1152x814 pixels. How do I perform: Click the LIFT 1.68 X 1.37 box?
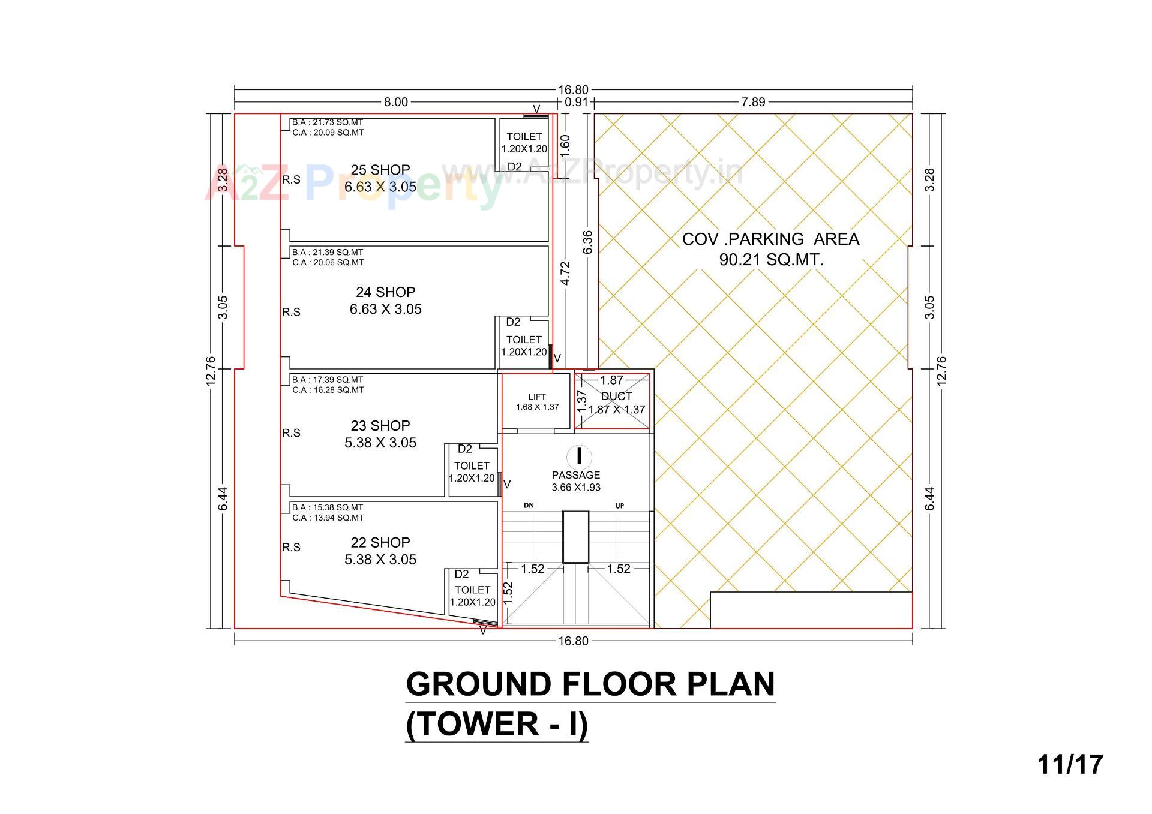coord(537,401)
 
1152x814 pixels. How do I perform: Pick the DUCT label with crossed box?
coord(616,397)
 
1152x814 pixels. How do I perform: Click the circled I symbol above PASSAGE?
coord(579,456)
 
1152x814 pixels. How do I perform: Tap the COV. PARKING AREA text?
coord(770,239)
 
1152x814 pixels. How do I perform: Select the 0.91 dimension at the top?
coord(576,102)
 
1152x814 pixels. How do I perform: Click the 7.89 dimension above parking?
coord(753,102)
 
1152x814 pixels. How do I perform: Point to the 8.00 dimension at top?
coord(395,102)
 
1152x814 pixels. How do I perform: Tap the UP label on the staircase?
coord(620,506)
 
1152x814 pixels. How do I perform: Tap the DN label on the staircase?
coord(529,506)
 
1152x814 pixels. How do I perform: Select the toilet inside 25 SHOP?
coord(524,143)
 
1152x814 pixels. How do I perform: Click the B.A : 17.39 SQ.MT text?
coord(328,380)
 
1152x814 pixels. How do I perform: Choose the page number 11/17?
coord(1070,765)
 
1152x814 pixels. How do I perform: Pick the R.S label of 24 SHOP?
coord(291,312)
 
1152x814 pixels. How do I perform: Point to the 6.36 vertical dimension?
coord(587,242)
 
